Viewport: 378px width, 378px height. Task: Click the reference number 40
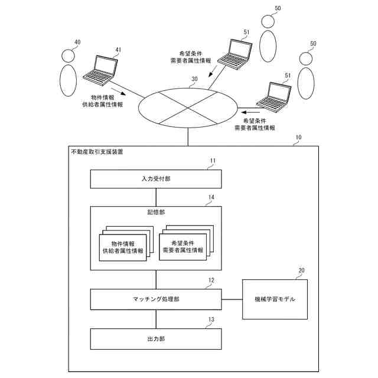click(76, 42)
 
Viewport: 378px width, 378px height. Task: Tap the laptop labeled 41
click(100, 69)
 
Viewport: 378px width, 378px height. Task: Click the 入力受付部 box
click(156, 178)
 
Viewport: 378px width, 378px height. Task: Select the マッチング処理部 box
click(156, 299)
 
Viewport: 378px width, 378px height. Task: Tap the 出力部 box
click(156, 340)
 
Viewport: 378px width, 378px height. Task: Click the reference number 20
click(301, 271)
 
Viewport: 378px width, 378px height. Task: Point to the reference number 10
click(298, 137)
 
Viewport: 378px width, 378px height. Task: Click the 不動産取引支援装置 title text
click(97, 152)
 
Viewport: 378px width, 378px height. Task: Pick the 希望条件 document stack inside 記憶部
click(185, 245)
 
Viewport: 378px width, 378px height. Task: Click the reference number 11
click(213, 161)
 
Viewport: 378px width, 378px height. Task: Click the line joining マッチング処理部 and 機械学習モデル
click(232, 299)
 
